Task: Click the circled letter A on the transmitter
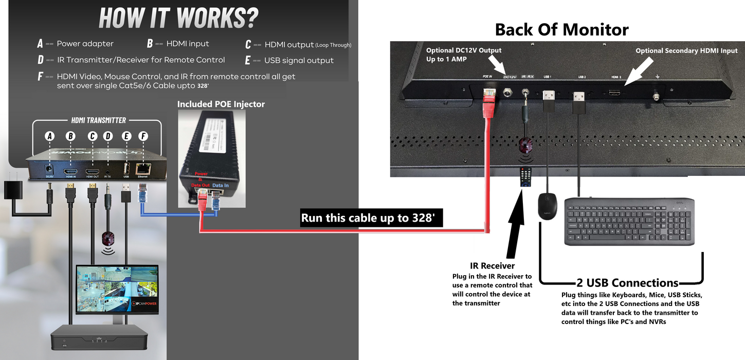(50, 136)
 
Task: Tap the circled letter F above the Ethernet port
(143, 136)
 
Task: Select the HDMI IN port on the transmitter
(71, 172)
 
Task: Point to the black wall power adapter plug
(11, 190)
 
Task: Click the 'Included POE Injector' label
(221, 104)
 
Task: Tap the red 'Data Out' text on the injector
(200, 185)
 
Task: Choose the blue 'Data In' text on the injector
(221, 185)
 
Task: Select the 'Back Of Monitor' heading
(561, 30)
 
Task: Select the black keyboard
(630, 222)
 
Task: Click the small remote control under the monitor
(525, 178)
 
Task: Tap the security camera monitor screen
(117, 289)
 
